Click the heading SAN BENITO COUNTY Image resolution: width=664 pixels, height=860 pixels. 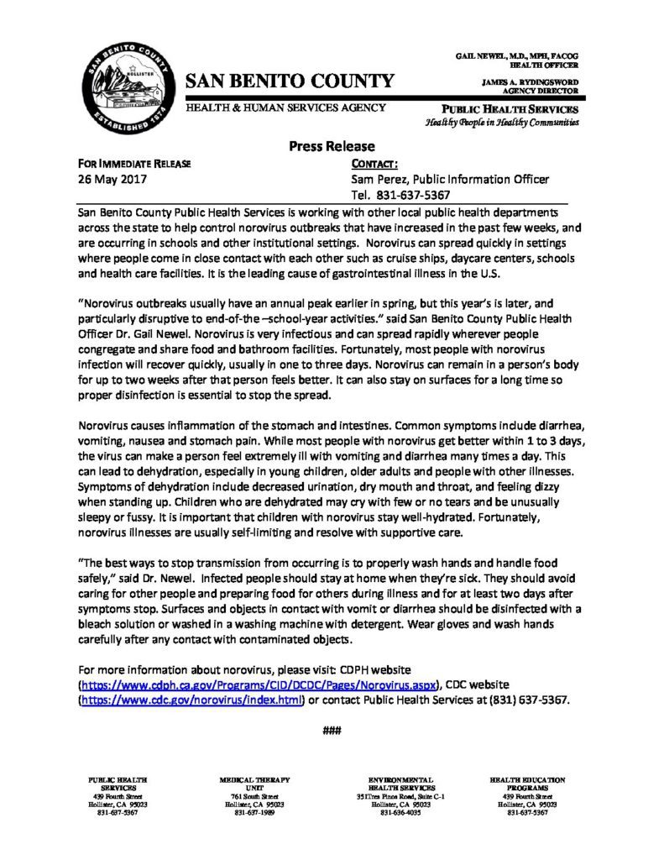(289, 81)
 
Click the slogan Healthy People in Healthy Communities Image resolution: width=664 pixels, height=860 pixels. (502, 123)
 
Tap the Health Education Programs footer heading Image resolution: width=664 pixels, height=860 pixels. (528, 784)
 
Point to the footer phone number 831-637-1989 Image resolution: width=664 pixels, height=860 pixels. (248, 814)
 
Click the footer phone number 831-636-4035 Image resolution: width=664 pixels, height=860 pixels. (400, 814)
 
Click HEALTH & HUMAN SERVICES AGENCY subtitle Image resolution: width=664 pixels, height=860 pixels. (285, 107)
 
